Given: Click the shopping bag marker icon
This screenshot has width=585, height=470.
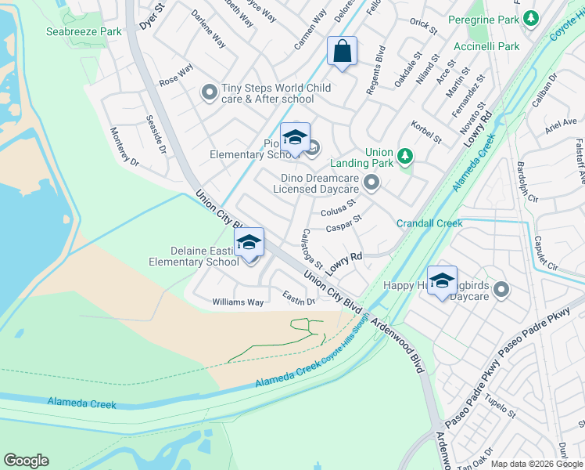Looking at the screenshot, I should [x=342, y=52].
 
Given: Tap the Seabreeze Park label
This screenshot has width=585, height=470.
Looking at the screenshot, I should [x=84, y=31].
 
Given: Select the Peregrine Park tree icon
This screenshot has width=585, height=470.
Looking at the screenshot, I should [x=532, y=17].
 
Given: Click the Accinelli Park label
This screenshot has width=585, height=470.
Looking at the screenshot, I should [x=486, y=46].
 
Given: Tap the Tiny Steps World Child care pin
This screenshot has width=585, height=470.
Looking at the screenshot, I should [x=209, y=93].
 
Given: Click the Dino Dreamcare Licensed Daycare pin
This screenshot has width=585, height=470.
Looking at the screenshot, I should [x=372, y=183].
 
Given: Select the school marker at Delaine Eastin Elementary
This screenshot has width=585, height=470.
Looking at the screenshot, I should [x=249, y=243].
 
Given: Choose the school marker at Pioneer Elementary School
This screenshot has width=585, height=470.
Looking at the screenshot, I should [x=295, y=138].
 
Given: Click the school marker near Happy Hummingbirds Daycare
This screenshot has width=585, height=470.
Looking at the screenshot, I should [x=442, y=281].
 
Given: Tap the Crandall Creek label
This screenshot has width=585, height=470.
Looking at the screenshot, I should [x=429, y=223].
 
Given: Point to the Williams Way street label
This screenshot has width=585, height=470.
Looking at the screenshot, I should [x=238, y=302].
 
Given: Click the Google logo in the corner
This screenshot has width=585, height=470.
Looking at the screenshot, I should [x=26, y=461].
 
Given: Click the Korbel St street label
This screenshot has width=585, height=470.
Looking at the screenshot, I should [x=425, y=132].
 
